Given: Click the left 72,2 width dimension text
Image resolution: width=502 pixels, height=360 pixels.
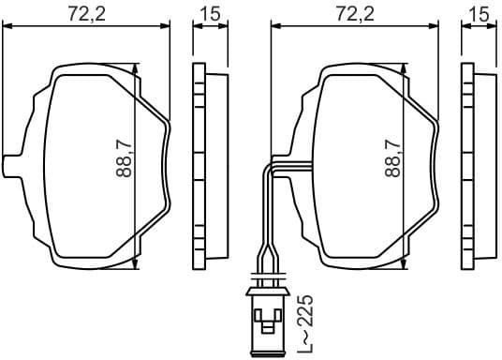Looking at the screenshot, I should pos(87,13).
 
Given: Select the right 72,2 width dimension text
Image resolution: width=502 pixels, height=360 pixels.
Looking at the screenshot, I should pos(354,13).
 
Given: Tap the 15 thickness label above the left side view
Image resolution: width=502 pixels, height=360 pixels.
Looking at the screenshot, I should pos(210,13).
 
